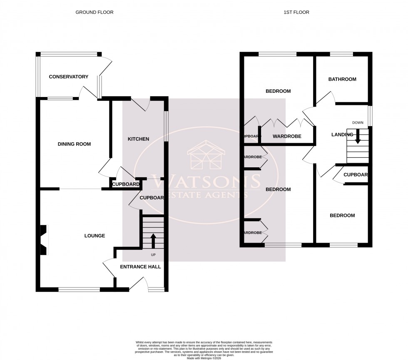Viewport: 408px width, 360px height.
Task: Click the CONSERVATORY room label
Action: tap(69, 77)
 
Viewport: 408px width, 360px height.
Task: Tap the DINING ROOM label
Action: tap(74, 144)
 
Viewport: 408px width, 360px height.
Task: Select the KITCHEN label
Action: tap(138, 139)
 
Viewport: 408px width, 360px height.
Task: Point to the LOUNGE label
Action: tap(95, 236)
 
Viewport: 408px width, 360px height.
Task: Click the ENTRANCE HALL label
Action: tap(140, 267)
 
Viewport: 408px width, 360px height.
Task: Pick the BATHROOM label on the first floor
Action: tap(342, 79)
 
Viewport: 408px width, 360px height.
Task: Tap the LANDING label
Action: tap(342, 134)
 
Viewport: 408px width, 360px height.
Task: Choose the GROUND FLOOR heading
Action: tap(94, 12)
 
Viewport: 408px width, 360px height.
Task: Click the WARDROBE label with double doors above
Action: tap(287, 136)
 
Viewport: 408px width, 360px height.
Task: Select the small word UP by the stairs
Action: tap(153, 254)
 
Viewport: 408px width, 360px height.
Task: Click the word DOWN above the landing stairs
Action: tap(358, 122)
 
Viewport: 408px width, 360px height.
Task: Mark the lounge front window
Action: tap(79, 289)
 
